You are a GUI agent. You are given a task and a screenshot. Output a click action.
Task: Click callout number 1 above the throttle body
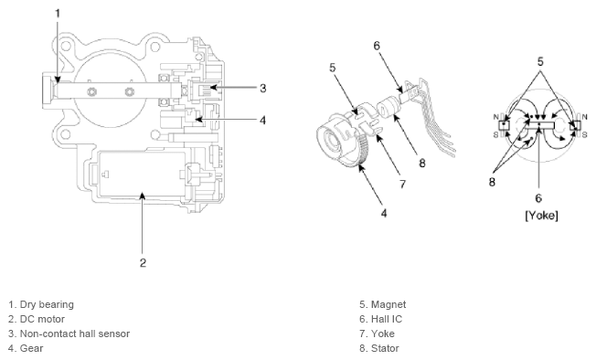(x=58, y=14)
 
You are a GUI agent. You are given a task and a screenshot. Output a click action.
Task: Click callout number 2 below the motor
(x=143, y=263)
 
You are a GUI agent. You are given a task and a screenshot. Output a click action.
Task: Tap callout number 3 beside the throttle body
(x=262, y=88)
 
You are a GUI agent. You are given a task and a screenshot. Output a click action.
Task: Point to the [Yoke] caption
(x=542, y=216)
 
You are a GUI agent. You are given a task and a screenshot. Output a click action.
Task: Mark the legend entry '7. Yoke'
(x=377, y=334)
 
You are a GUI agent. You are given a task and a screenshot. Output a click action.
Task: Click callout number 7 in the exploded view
(x=403, y=185)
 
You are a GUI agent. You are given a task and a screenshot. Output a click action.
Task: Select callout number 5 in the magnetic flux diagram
(x=540, y=61)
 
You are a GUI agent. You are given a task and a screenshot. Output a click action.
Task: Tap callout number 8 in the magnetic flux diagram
(x=492, y=182)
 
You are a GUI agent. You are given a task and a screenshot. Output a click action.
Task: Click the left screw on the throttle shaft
(x=91, y=91)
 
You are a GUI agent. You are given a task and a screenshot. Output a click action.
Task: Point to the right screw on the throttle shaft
(x=130, y=91)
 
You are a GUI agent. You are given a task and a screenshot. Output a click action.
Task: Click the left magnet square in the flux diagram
(x=504, y=125)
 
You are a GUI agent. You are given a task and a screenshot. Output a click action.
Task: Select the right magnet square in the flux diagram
(x=575, y=125)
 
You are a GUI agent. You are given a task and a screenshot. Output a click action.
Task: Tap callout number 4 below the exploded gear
(x=384, y=214)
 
